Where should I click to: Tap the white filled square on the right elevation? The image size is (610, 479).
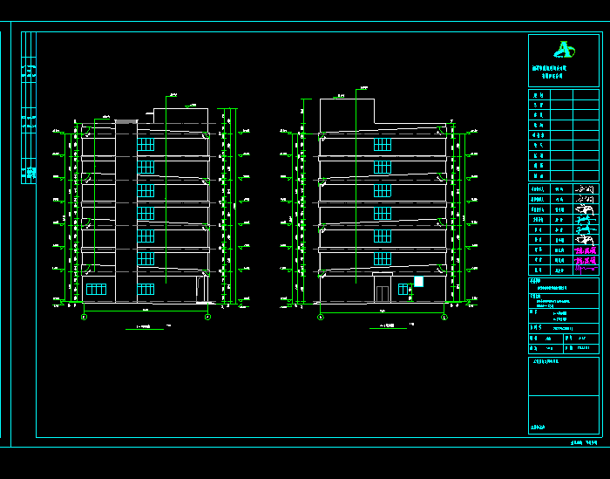pyautogui.click(x=418, y=282)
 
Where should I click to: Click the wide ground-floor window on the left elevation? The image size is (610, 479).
pyautogui.click(x=96, y=290)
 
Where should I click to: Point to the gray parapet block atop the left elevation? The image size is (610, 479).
pyautogui.click(x=125, y=122)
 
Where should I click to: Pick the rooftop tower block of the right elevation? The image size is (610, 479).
pyautogui.click(x=346, y=112)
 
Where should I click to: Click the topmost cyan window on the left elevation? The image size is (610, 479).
pyautogui.click(x=146, y=143)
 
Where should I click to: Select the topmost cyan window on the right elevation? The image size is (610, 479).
pyautogui.click(x=382, y=144)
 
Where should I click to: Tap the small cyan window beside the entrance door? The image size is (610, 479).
pyautogui.click(x=403, y=289)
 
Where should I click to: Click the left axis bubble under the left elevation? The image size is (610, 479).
pyautogui.click(x=84, y=318)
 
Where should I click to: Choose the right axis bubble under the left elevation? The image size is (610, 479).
pyautogui.click(x=207, y=318)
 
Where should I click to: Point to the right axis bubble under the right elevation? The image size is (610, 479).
pyautogui.click(x=444, y=318)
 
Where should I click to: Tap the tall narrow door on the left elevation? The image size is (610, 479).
pyautogui.click(x=200, y=289)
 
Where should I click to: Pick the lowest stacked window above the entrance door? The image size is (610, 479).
pyautogui.click(x=382, y=259)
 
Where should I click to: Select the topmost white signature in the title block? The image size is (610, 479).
pyautogui.click(x=588, y=188)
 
